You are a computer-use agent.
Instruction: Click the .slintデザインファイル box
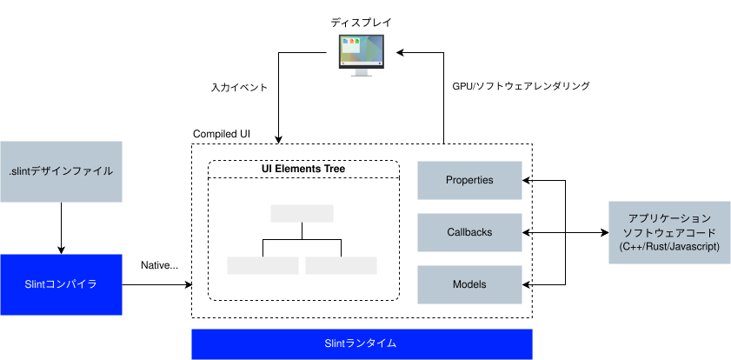coord(61,171)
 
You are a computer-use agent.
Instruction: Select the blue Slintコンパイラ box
coord(61,284)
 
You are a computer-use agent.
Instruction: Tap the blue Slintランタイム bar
coord(362,344)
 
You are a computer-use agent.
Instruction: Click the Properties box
coord(469,180)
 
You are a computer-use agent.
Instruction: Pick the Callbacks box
coord(469,232)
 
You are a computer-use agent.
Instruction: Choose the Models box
coord(469,284)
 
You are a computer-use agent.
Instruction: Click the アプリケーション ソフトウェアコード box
coord(669,232)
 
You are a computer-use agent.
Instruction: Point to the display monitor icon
coord(361,56)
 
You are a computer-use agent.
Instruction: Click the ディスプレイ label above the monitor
coord(362,23)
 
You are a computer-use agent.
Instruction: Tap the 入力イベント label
coord(239,87)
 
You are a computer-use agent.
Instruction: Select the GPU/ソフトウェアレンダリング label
coord(522,86)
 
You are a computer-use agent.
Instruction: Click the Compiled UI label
coord(222,134)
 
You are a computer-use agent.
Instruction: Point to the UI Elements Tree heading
coord(303,169)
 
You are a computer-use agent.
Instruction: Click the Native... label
coord(159,265)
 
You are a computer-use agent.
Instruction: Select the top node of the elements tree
coord(302,213)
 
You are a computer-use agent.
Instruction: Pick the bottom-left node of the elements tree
coord(263,265)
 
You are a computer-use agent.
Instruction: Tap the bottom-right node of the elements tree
coord(342,265)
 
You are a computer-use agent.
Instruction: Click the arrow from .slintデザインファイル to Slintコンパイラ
coord(61,228)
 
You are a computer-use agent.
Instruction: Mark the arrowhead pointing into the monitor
coord(401,53)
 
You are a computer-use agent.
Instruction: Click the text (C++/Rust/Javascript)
coord(669,247)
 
